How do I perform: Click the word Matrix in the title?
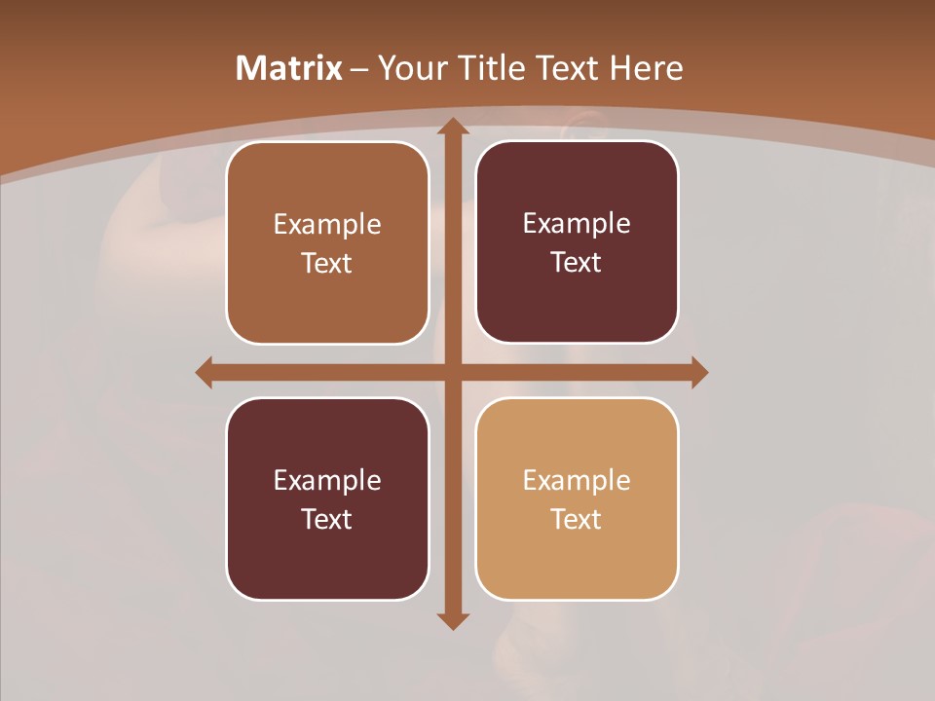289,68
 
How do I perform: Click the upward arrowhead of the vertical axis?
453,127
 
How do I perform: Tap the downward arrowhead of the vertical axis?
453,620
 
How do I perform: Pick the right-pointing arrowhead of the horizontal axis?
699,372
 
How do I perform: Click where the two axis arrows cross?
453,372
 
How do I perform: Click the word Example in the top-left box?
327,225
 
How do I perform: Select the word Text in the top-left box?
327,264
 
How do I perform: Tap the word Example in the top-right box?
577,224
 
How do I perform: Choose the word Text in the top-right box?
577,263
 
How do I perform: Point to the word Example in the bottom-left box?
327,481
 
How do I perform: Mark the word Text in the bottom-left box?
327,520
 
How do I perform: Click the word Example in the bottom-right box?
577,481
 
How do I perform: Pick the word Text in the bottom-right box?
577,520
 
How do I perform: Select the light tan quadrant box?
577,565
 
